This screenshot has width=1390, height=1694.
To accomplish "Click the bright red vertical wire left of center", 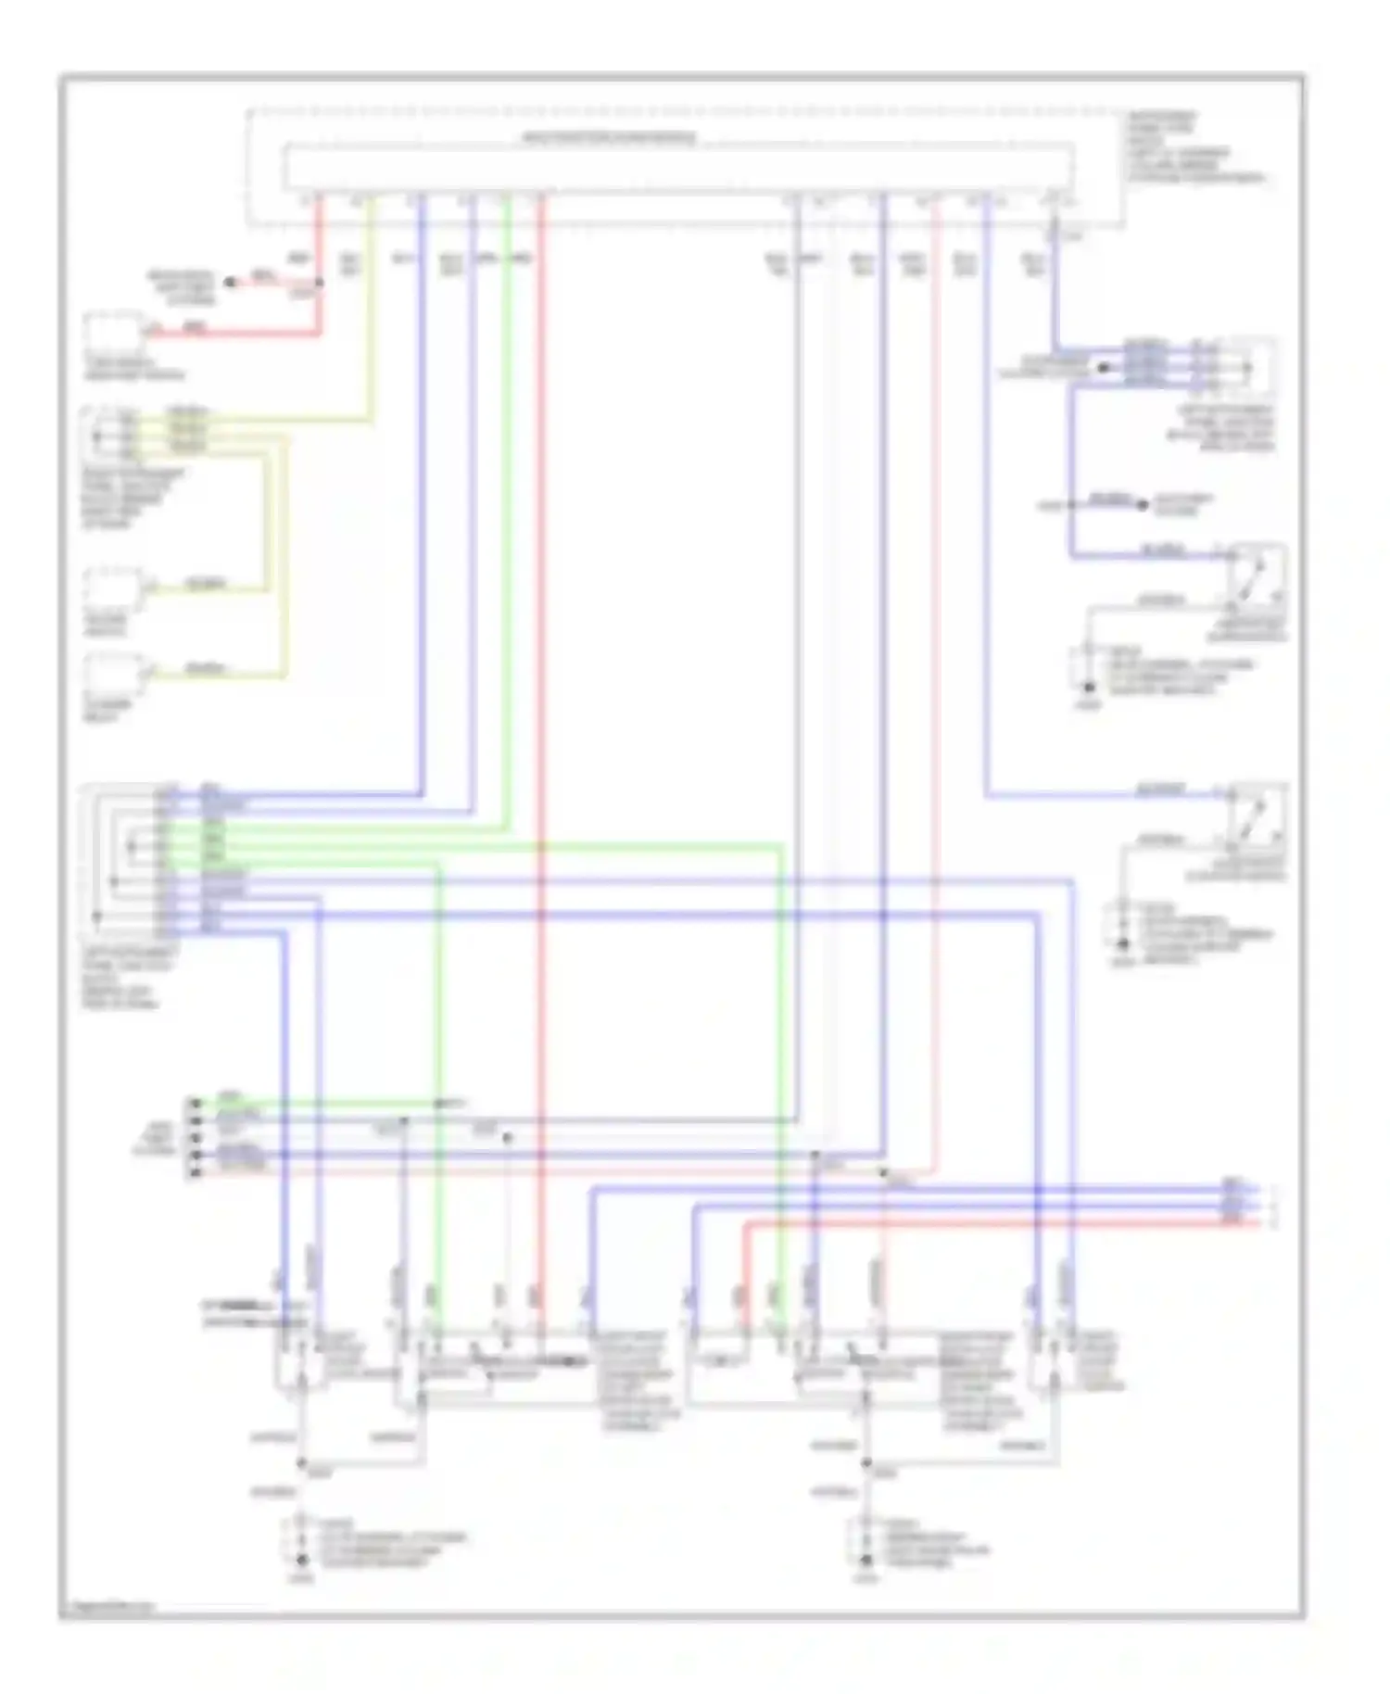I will click(542, 649).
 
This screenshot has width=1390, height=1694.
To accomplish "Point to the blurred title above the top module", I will click(609, 139).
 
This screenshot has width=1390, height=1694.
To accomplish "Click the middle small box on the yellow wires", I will click(113, 588).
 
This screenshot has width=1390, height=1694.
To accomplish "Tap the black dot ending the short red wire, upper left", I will click(231, 281).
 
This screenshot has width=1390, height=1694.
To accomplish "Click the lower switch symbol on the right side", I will click(1257, 815).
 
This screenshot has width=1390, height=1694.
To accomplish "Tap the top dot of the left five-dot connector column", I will click(195, 1103).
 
